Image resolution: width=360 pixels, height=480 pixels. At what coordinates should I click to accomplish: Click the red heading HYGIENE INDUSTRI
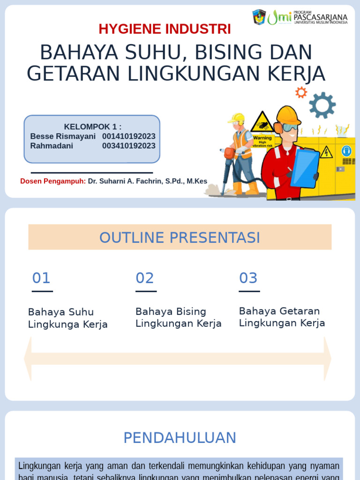coord(165,29)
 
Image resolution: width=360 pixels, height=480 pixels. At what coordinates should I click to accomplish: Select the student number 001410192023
coord(129,136)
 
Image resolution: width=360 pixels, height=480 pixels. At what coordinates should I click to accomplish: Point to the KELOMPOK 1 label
coord(92,127)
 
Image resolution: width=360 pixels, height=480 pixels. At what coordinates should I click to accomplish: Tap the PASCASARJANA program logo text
coord(321,17)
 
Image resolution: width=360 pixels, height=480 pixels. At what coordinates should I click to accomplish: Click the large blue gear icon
coord(322,105)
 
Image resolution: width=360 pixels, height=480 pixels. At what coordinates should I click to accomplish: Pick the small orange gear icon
coord(301,92)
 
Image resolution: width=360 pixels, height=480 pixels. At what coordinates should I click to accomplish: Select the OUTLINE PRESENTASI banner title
coord(180,238)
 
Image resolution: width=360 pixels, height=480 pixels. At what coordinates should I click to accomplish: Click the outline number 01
coord(41,278)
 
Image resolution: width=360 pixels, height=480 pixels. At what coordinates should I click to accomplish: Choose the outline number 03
coord(248,278)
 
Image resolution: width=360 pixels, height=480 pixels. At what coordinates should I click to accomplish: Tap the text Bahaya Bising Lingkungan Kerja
coord(178,317)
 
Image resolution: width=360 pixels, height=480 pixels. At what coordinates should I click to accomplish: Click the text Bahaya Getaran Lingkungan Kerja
coord(282,317)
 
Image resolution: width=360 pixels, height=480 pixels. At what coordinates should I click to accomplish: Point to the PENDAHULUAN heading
coord(180,438)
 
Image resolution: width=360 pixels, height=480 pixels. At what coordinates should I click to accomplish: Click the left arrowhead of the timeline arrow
coord(28,359)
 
